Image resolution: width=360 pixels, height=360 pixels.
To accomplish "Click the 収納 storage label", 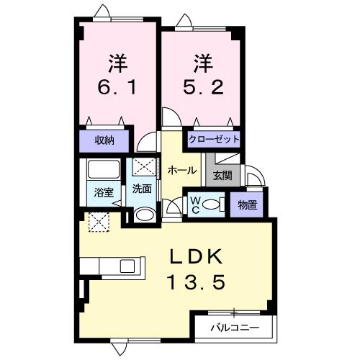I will (105, 140).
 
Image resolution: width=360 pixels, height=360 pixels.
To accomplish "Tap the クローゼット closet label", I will (214, 139).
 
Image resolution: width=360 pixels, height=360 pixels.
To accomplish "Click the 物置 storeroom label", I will (246, 204).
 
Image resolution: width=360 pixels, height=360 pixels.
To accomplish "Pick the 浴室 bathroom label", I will (104, 192).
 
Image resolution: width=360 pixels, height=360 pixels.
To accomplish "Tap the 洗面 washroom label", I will (142, 189).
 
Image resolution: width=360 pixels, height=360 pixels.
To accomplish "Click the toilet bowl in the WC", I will (213, 204).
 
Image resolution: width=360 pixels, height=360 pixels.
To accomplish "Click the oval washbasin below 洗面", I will (144, 215).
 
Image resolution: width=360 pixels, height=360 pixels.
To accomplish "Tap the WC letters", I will (194, 204).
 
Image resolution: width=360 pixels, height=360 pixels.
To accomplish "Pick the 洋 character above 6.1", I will (118, 63).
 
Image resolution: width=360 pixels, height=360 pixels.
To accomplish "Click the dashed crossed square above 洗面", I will (143, 167).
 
